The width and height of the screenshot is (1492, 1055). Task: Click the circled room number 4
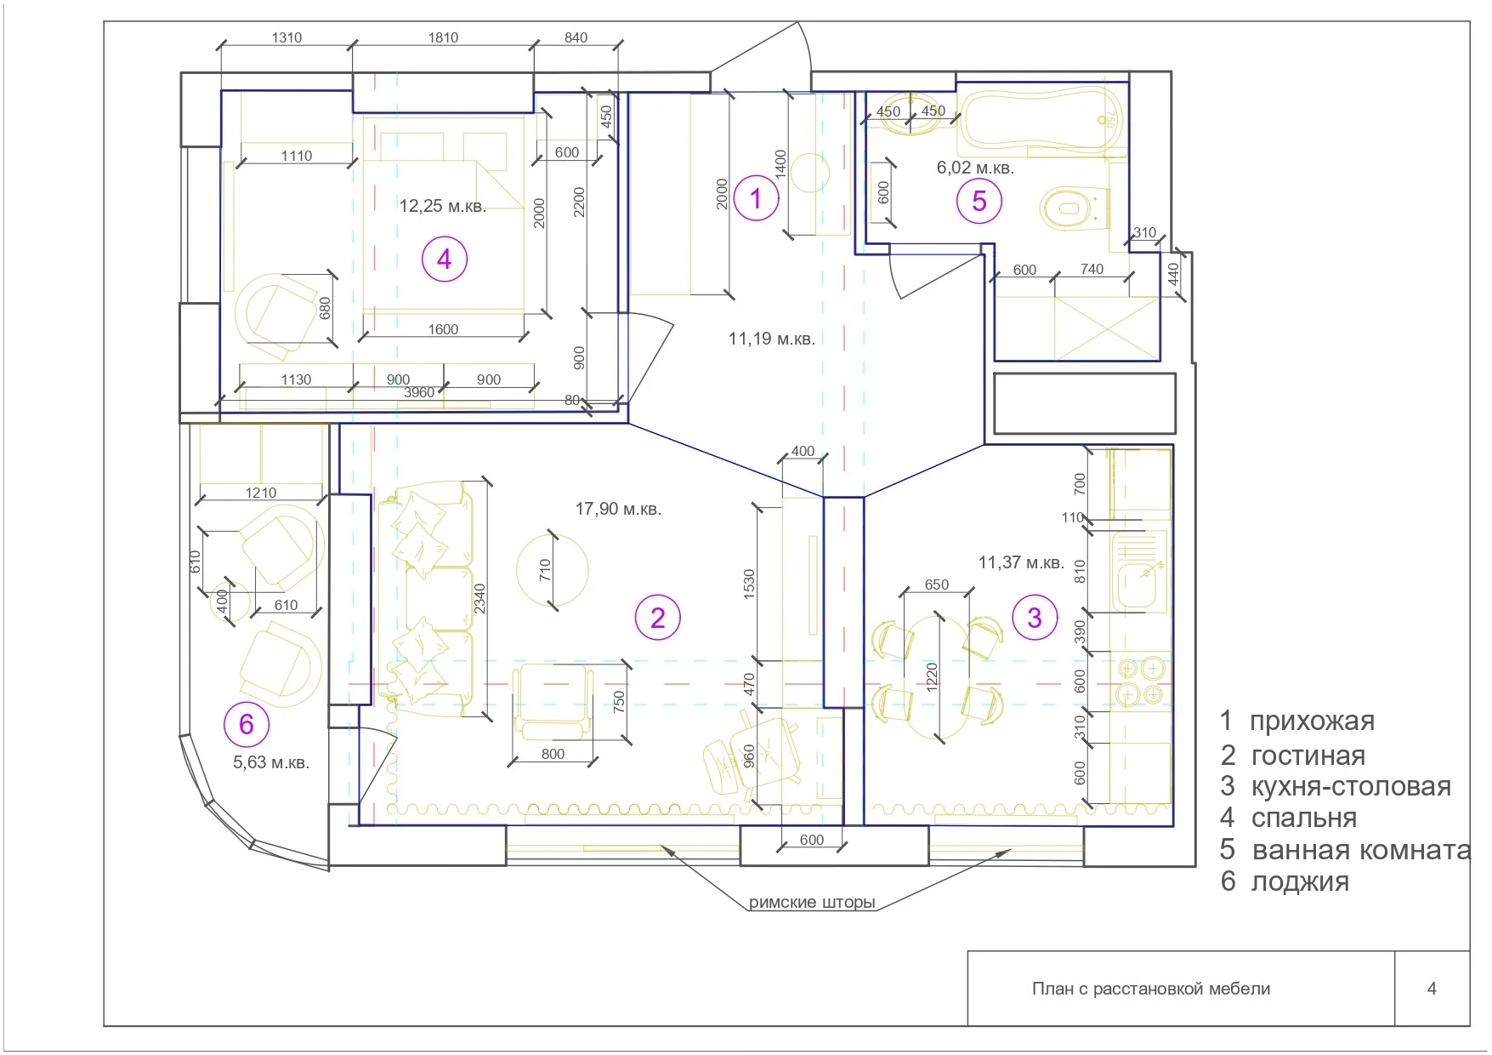[445, 259]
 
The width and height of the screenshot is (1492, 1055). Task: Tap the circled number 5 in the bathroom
[979, 201]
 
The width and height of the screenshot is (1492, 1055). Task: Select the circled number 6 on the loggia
[247, 724]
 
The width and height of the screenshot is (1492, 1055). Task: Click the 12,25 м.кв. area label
[443, 206]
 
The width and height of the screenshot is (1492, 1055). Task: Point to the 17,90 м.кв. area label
[618, 509]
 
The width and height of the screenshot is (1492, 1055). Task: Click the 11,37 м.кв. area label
[1021, 562]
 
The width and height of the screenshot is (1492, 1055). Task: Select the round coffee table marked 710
[553, 570]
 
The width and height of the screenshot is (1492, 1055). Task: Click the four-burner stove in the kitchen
[1140, 681]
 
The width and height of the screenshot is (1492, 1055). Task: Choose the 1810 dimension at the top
[443, 37]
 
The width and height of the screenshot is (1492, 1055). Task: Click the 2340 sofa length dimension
[480, 598]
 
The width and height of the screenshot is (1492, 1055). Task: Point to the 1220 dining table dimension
[932, 677]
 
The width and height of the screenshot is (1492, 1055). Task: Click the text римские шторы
[812, 903]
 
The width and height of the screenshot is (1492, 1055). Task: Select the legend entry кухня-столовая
[1351, 786]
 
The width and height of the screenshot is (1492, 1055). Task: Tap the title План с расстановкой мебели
[1151, 989]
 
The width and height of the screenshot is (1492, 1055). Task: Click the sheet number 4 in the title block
[1432, 989]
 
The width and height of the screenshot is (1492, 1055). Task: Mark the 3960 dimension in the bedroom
[419, 392]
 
